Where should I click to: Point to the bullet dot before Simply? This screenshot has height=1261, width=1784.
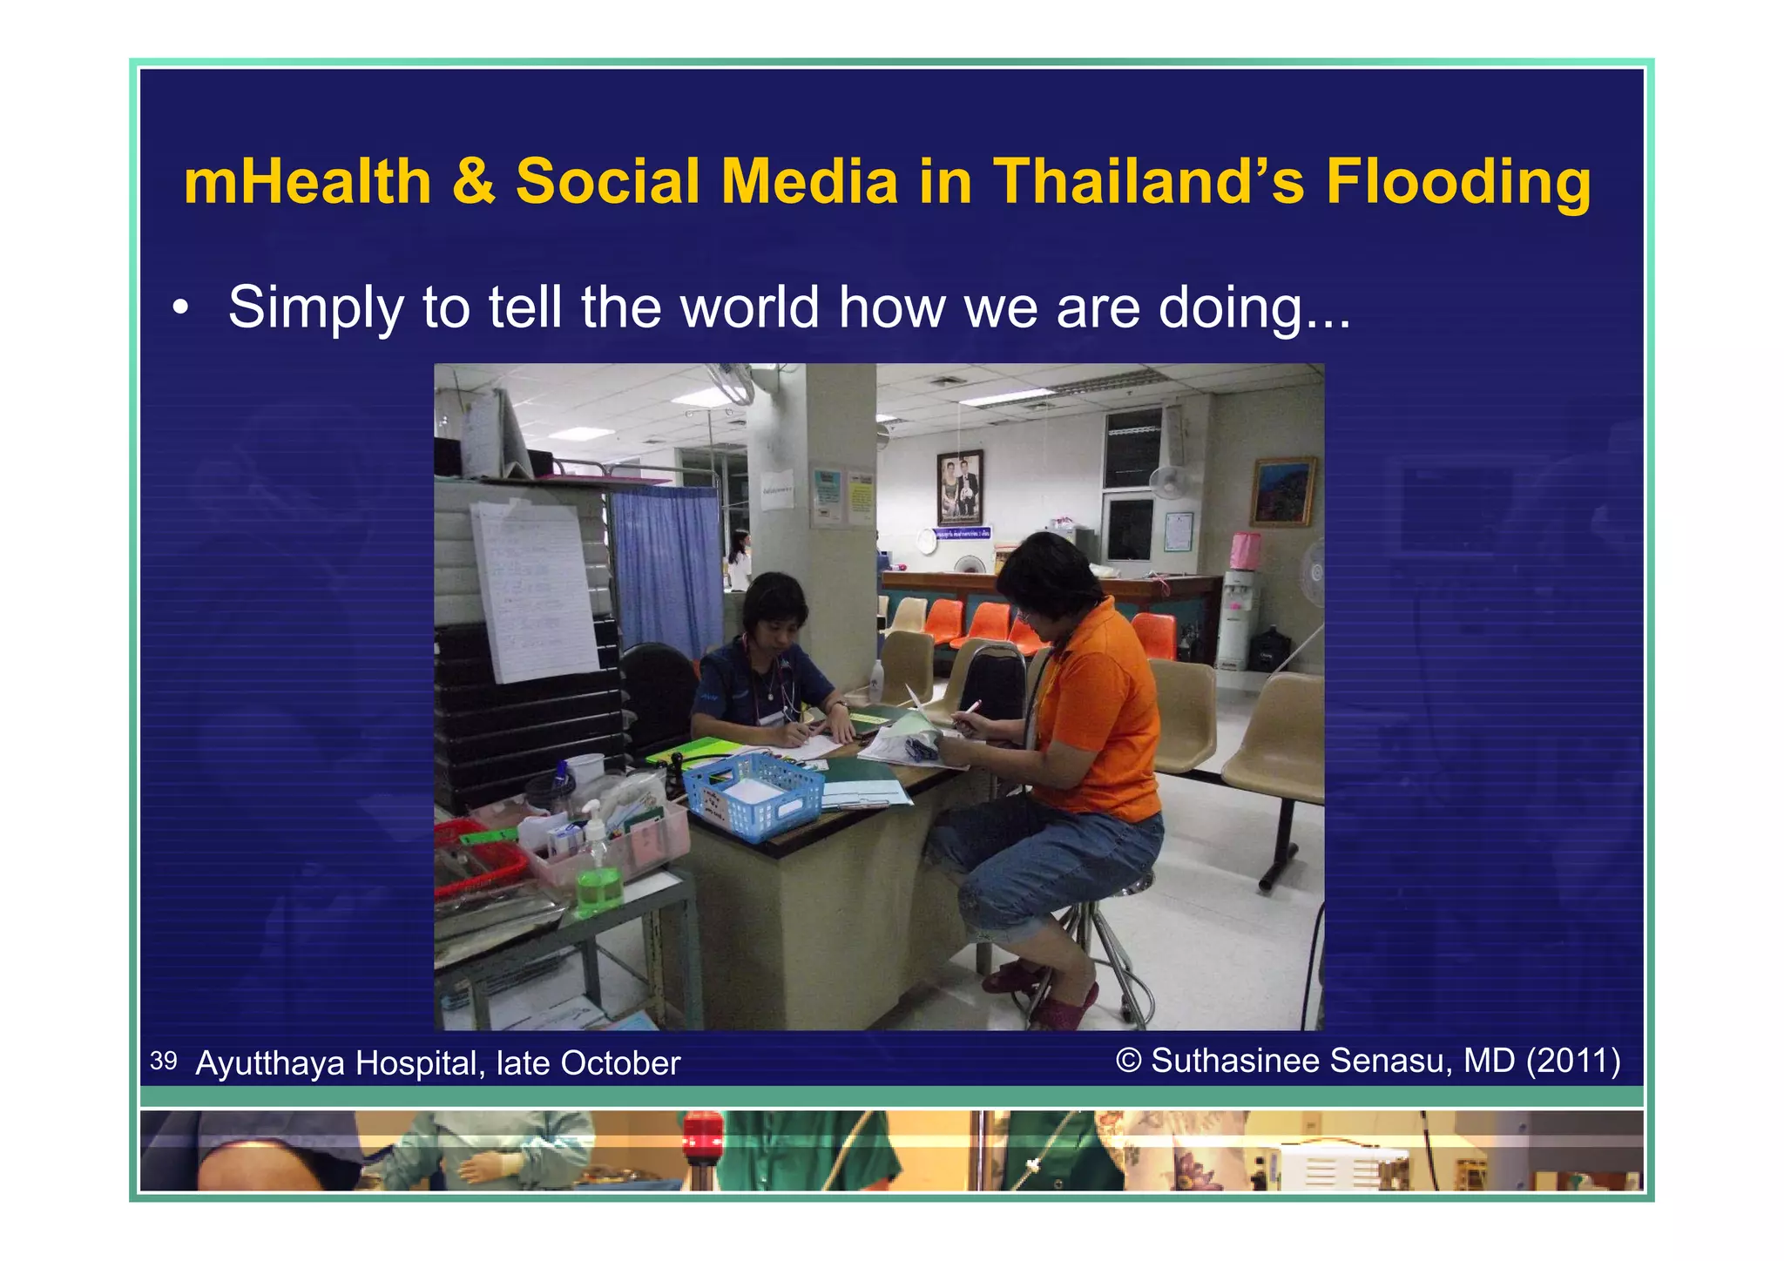coord(179,308)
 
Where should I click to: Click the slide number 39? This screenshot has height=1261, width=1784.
coord(163,1061)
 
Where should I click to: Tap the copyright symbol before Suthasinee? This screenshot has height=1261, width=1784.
coord(1128,1061)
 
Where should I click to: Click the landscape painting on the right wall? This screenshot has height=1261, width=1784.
coord(1282,491)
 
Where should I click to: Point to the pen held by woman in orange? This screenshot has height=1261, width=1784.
coord(970,708)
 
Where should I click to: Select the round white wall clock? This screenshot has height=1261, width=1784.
coord(925,542)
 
